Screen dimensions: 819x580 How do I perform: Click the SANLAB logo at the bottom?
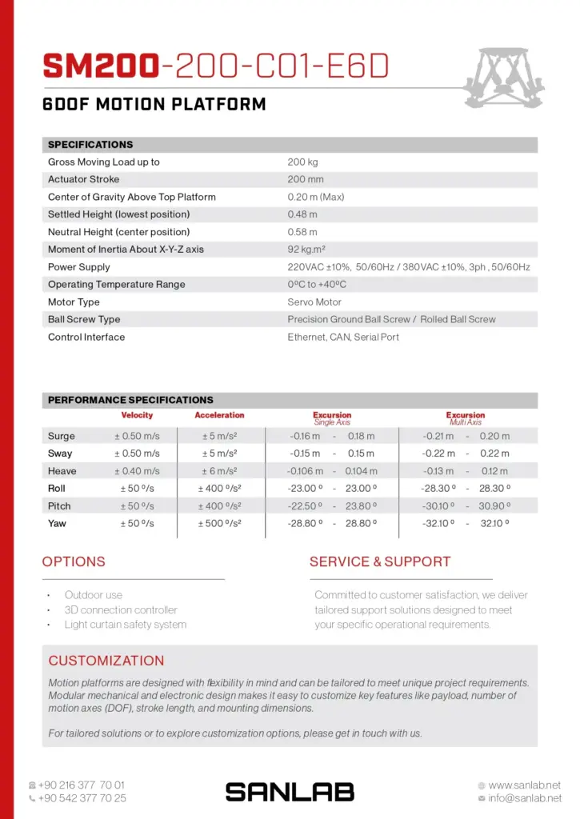pos(290,792)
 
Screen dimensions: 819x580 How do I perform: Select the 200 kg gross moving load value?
pos(302,162)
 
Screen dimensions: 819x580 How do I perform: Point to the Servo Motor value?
pos(314,302)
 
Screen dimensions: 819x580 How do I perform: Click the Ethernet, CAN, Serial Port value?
pos(343,338)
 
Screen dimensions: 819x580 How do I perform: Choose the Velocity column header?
pos(137,416)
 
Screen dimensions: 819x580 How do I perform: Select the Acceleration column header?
pos(219,416)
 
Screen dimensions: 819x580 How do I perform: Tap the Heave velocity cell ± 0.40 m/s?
pos(137,472)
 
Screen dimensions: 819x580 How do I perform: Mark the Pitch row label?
pos(59,506)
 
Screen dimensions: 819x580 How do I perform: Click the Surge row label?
pos(62,437)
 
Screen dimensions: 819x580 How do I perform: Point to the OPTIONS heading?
pos(74,562)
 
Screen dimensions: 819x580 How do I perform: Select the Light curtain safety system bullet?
pos(126,625)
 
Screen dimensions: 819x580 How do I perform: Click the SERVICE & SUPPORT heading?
pos(380,562)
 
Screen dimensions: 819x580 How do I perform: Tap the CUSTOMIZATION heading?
pos(106,661)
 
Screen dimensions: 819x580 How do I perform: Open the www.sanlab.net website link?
pos(524,785)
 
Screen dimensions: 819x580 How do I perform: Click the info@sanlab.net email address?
pos(524,798)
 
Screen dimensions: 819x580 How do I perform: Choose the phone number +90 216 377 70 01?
pos(82,785)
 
